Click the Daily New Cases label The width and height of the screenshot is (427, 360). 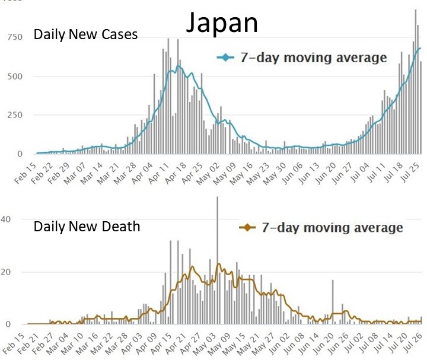(85, 34)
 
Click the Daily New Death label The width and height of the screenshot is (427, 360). (87, 226)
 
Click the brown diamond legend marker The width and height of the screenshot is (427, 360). (246, 228)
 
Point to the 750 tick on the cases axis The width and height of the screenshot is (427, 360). (14, 37)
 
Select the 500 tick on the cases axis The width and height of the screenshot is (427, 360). (14, 77)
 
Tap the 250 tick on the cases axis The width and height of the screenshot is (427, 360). (14, 115)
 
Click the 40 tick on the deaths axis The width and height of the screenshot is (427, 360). (5, 219)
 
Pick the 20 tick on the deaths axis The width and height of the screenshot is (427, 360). (5, 272)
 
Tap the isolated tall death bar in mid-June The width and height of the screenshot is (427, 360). (333, 302)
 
